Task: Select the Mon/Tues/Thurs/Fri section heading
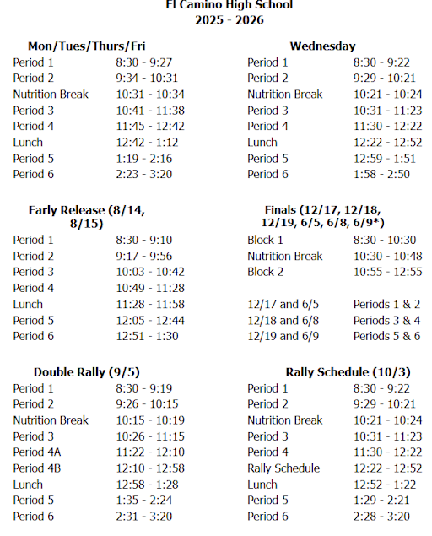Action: pyautogui.click(x=92, y=46)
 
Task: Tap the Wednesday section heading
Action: pyautogui.click(x=322, y=46)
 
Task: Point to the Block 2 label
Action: pyautogui.click(x=266, y=272)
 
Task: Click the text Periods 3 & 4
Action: pyautogui.click(x=386, y=320)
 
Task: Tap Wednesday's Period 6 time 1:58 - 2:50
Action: pyautogui.click(x=381, y=174)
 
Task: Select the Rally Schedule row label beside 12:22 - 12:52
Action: pyautogui.click(x=283, y=468)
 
